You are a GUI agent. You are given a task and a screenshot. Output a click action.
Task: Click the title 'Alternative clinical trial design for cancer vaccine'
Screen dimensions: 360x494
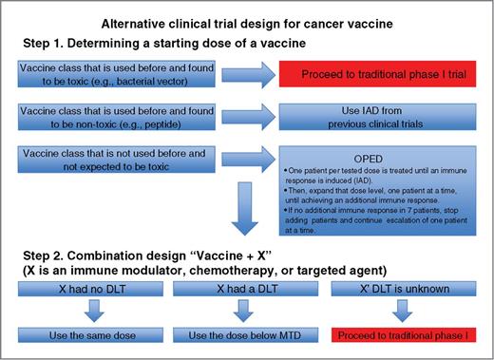coord(247,22)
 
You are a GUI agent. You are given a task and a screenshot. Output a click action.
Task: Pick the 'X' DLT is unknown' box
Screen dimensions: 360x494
coord(404,288)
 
